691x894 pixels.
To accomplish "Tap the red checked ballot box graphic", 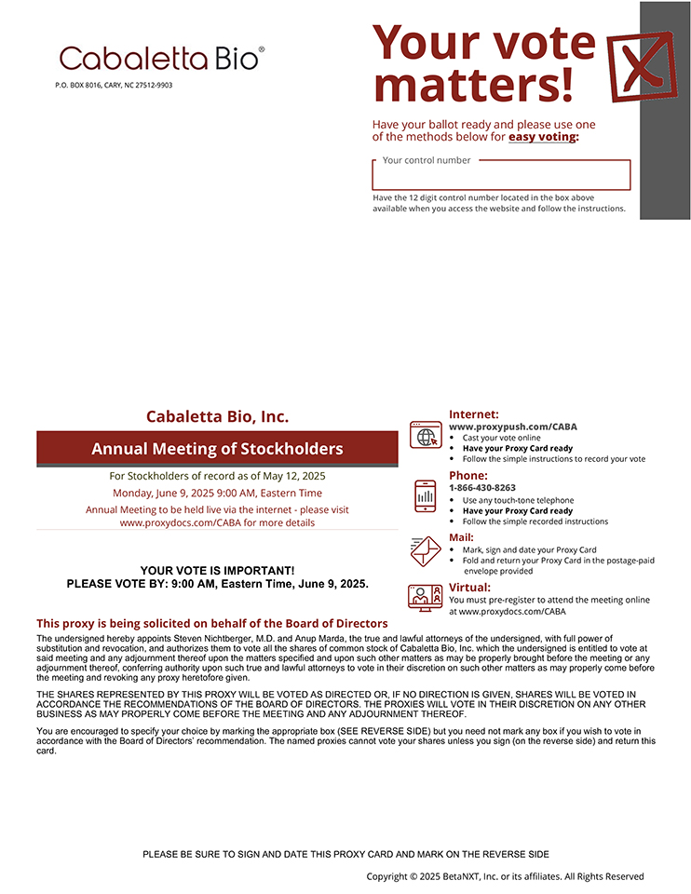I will (640, 64).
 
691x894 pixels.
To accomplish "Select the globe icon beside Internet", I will (427, 435).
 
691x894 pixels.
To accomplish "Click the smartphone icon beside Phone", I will (426, 495).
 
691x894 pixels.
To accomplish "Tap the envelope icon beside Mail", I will (426, 550).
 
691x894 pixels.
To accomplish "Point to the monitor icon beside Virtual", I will (426, 597).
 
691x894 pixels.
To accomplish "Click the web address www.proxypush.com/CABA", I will (512, 427).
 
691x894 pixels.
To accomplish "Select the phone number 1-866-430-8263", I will (482, 487).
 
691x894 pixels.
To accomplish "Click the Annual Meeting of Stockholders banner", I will (217, 449).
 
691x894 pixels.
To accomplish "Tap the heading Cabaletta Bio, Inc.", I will (217, 416).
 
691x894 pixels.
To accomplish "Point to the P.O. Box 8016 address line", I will (114, 85).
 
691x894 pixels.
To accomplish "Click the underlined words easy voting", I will (543, 137).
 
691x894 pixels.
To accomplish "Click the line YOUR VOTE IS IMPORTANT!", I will (217, 570).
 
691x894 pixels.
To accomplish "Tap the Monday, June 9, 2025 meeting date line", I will (217, 493).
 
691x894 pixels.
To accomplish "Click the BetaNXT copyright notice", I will (505, 876).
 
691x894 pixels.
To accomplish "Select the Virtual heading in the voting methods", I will (469, 588).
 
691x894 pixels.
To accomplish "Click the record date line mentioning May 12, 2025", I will (217, 476).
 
